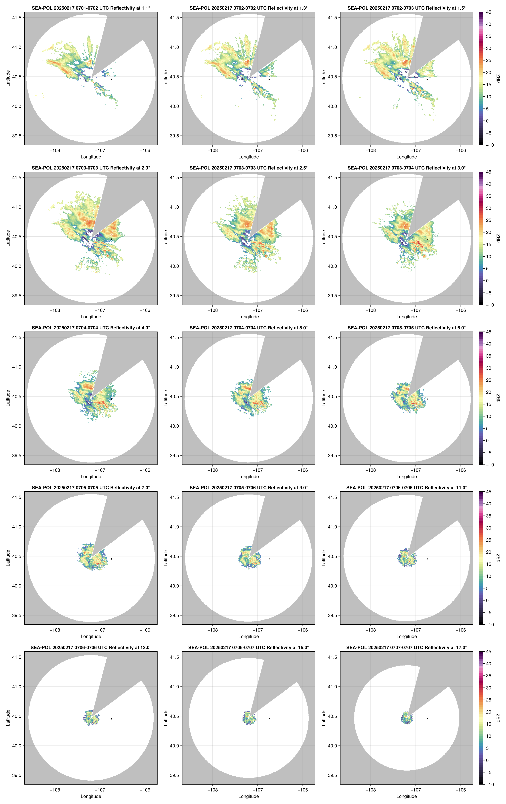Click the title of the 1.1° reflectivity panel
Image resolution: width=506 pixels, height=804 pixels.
(x=91, y=8)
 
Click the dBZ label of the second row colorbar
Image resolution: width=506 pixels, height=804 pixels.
(x=498, y=238)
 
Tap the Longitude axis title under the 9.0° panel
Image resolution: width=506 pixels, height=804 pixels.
(x=249, y=636)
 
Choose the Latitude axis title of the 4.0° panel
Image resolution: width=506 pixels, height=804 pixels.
(x=8, y=398)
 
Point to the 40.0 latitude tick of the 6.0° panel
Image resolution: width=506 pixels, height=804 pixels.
(x=332, y=426)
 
